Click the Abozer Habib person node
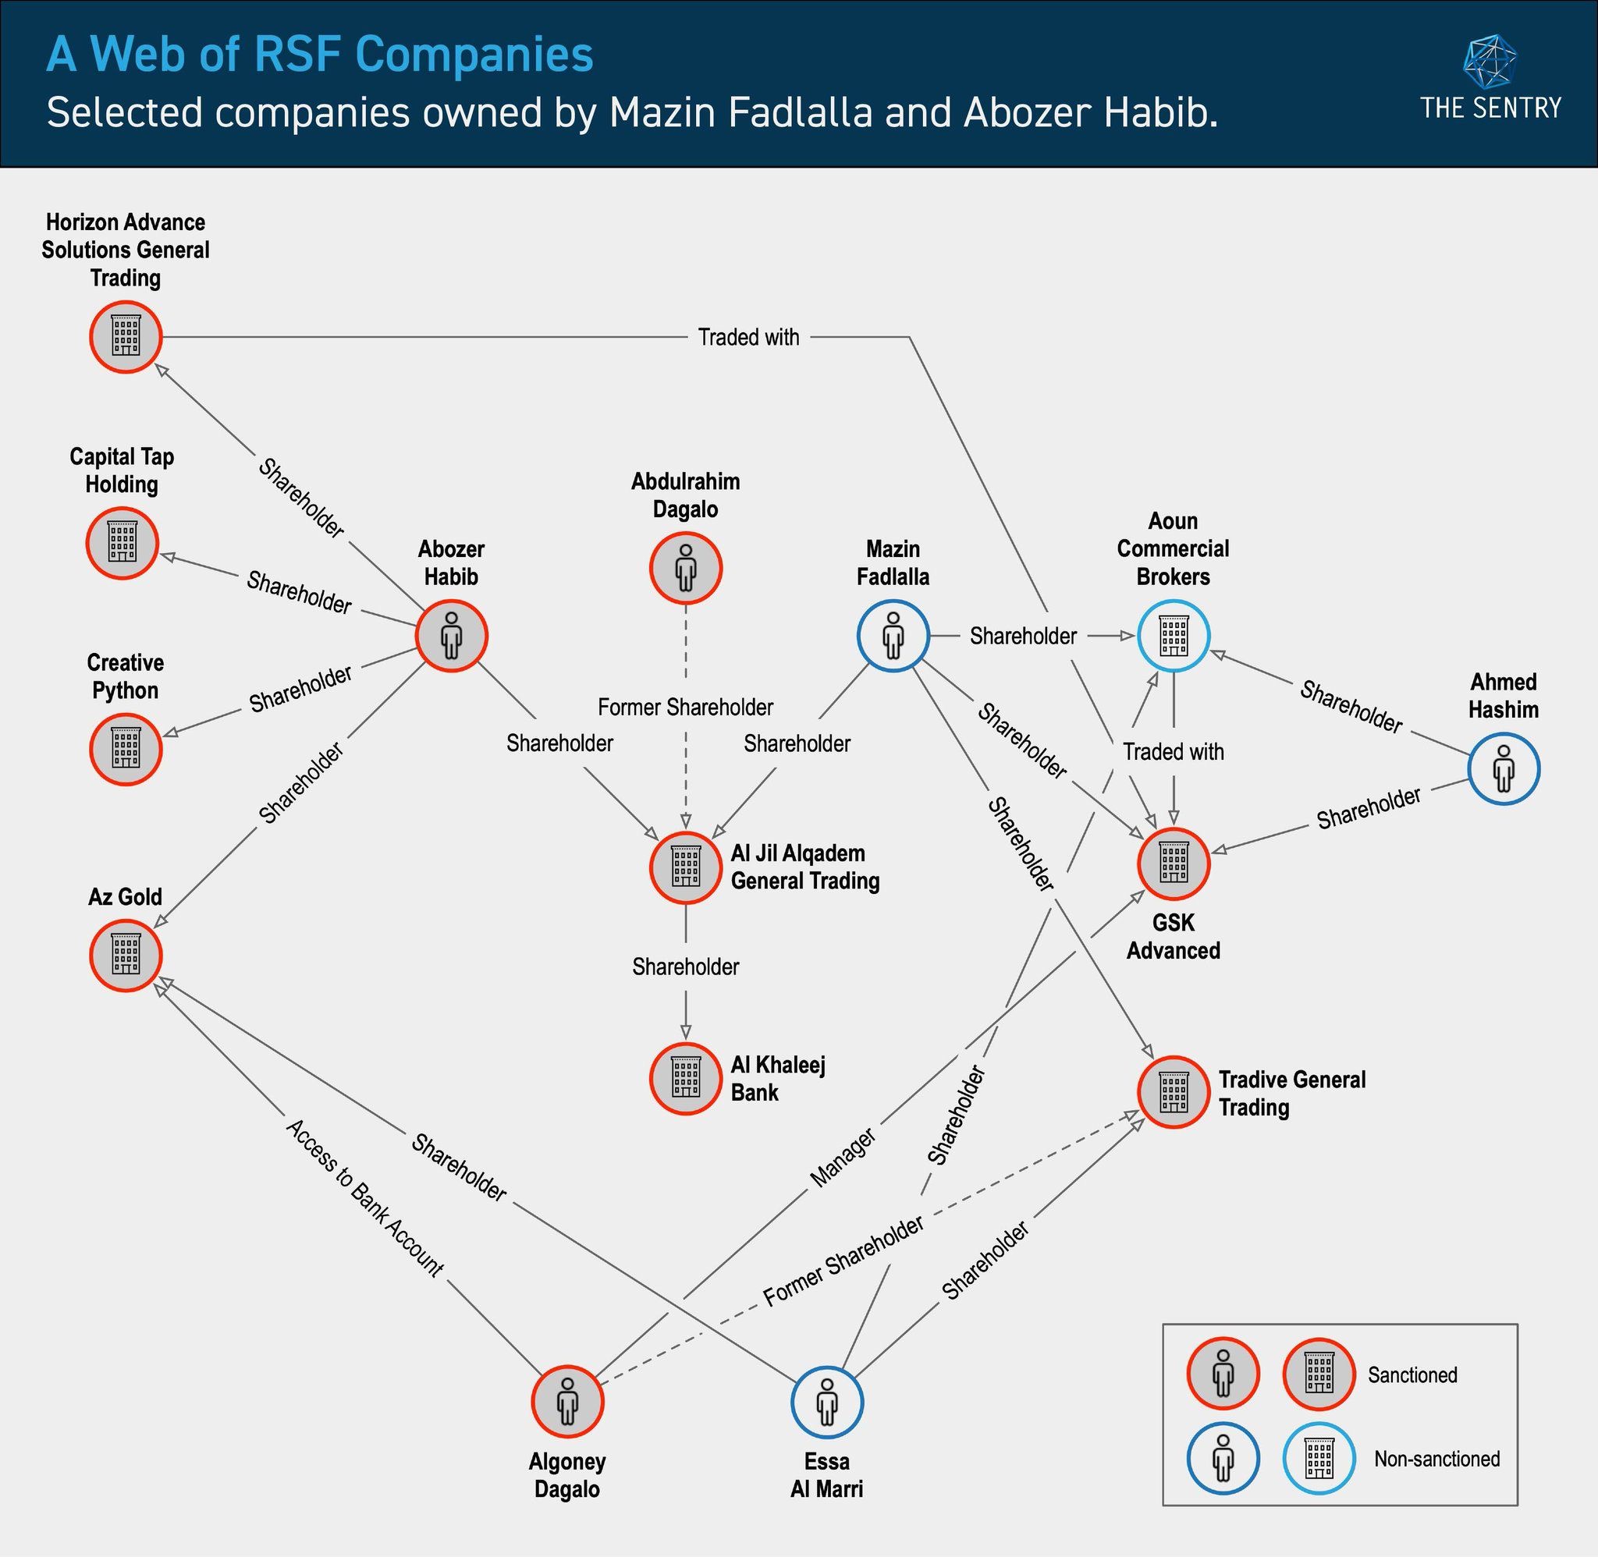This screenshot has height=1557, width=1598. pos(452,636)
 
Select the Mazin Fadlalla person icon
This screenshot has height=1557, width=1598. pos(893,636)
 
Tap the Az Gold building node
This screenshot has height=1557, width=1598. pos(125,955)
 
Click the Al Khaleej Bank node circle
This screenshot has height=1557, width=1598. pos(685,1078)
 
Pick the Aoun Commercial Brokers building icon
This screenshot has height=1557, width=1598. pos(1174,636)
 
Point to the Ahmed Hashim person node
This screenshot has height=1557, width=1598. pos(1503,768)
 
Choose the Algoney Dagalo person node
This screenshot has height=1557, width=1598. pos(566,1401)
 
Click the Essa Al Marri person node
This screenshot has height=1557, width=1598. pos(827,1402)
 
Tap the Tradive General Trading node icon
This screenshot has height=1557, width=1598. pos(1174,1092)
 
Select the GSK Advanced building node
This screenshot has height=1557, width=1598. pos(1174,864)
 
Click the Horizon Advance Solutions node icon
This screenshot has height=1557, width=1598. pos(125,336)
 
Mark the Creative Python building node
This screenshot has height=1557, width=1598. pos(125,748)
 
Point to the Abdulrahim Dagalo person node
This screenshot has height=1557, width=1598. pos(685,568)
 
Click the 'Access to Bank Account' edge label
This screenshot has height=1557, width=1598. pos(364,1197)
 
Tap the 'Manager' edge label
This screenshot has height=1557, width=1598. pos(843,1157)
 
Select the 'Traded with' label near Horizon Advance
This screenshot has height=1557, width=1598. pos(748,337)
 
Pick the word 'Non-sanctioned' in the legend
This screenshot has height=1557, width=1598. pos(1437,1459)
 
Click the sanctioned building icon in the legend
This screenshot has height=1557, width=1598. pos(1319,1374)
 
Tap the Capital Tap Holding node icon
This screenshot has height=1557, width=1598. pos(122,542)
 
